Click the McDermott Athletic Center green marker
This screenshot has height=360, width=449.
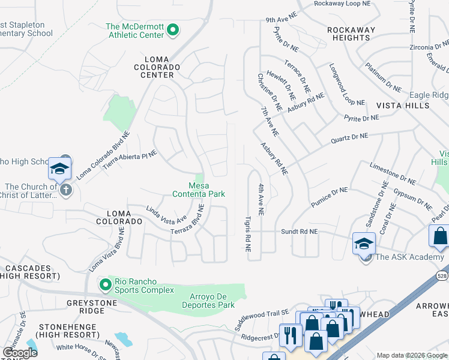click(x=173, y=29)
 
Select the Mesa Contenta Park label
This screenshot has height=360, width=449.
click(x=199, y=190)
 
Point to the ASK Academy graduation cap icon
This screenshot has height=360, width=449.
click(x=364, y=244)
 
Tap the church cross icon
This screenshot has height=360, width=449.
click(x=66, y=190)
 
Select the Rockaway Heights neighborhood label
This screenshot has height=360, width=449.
click(x=351, y=34)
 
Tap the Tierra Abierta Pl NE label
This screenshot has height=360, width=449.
click(x=130, y=160)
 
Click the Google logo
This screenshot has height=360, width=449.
click(x=20, y=352)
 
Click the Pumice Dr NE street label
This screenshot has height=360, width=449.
click(x=329, y=197)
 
